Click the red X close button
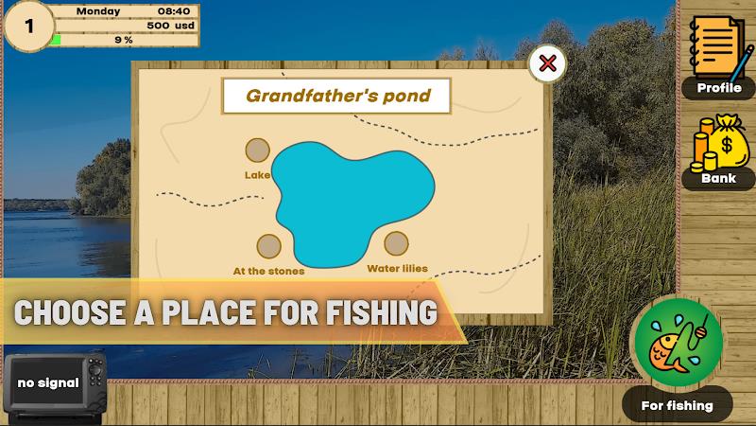click(x=547, y=63)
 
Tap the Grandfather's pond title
click(x=338, y=96)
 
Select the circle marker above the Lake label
click(x=257, y=151)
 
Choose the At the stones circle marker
click(x=269, y=246)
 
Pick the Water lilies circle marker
click(x=396, y=243)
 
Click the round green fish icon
click(x=679, y=342)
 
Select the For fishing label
click(x=677, y=405)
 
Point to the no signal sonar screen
click(x=48, y=382)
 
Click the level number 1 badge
click(x=29, y=27)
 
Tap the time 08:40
click(x=174, y=11)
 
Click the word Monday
click(x=98, y=11)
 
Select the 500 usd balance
click(x=171, y=26)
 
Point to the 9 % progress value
click(x=124, y=40)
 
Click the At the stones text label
click(x=268, y=271)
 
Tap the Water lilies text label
click(x=397, y=269)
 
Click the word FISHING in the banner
click(x=382, y=312)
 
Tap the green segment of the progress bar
click(x=57, y=40)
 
